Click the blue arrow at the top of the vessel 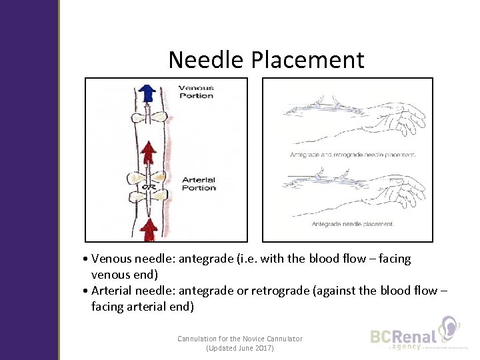145,94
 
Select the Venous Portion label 196,91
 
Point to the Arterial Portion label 199,183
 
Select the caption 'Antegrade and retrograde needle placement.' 353,155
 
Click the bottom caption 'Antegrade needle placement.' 353,224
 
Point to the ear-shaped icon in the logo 449,329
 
